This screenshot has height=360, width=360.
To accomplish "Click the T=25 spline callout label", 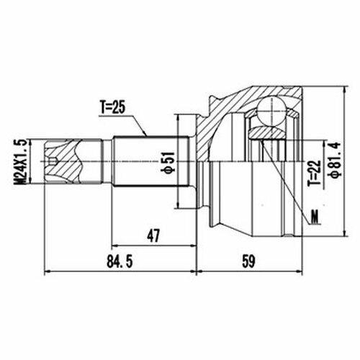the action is [x=113, y=108].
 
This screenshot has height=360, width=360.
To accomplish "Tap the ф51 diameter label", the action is [x=169, y=162].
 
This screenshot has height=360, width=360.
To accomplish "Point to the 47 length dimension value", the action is [x=153, y=235].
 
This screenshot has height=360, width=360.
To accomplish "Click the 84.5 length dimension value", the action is [x=120, y=261].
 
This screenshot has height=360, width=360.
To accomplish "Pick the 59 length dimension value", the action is [x=248, y=261].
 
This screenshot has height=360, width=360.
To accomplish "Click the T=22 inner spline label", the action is [x=315, y=172].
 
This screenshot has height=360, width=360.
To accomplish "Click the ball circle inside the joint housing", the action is [x=271, y=111].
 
